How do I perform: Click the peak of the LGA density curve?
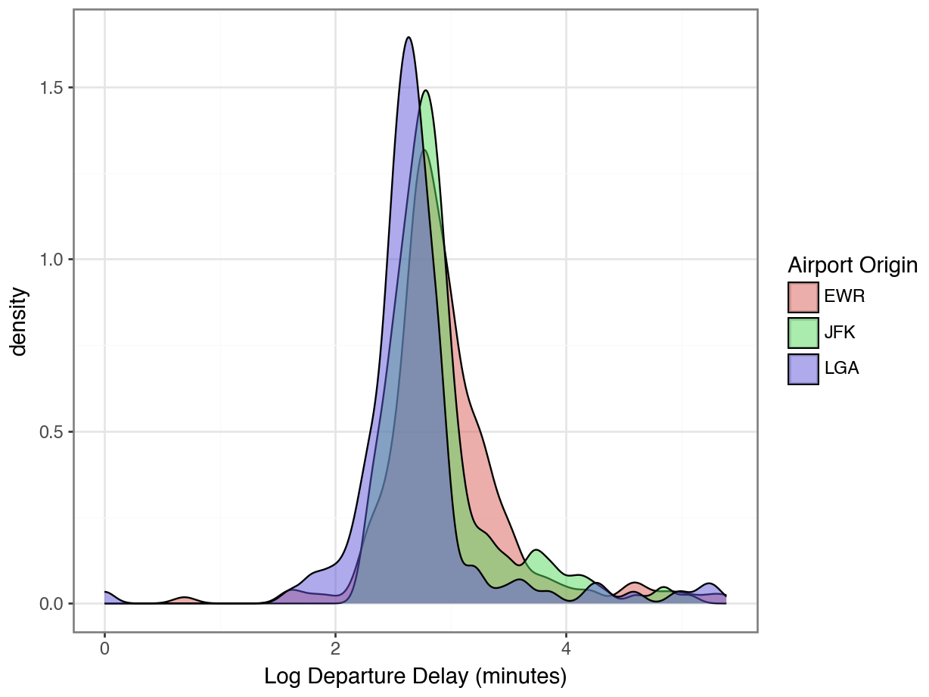click(x=409, y=38)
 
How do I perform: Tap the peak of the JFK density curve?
click(x=426, y=92)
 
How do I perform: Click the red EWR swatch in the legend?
click(x=803, y=297)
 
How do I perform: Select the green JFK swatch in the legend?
click(x=803, y=333)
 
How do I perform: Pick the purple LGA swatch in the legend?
click(x=803, y=369)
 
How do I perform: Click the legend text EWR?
click(x=844, y=297)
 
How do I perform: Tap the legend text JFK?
click(x=840, y=333)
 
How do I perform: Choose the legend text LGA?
click(x=841, y=369)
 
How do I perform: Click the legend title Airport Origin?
click(x=853, y=266)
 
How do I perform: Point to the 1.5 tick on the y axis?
click(x=53, y=88)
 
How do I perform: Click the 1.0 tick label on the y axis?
click(x=53, y=260)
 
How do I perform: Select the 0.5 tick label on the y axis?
click(x=53, y=432)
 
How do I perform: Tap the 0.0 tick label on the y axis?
click(x=53, y=604)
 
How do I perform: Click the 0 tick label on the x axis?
click(x=104, y=650)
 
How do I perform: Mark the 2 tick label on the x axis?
click(x=335, y=650)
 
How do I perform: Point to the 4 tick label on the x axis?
click(x=566, y=650)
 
